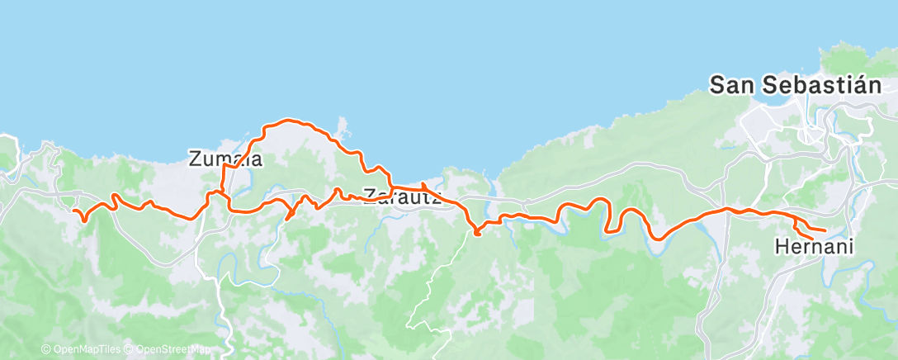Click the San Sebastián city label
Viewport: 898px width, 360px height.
[x=796, y=85]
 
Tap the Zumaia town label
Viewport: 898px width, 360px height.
[x=225, y=159]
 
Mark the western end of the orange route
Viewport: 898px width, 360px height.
[x=75, y=211]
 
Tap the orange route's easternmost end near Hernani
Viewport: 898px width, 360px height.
[x=825, y=230]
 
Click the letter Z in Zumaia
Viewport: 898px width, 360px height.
[x=196, y=159]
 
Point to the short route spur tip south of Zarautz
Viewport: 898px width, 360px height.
[x=477, y=234]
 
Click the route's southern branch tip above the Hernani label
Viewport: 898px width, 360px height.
[x=812, y=239]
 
